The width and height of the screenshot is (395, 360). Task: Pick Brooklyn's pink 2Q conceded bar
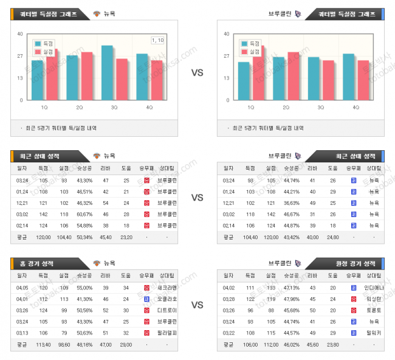(294, 76)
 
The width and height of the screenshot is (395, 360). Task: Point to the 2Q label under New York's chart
(80, 107)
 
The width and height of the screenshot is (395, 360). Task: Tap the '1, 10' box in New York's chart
(158, 40)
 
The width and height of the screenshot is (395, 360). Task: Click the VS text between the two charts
(197, 73)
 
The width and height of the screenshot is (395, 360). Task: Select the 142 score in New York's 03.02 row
(43, 214)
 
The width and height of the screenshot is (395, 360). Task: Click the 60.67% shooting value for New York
(84, 214)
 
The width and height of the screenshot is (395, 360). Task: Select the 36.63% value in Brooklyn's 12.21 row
(292, 202)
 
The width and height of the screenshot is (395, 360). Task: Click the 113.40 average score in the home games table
(43, 344)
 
